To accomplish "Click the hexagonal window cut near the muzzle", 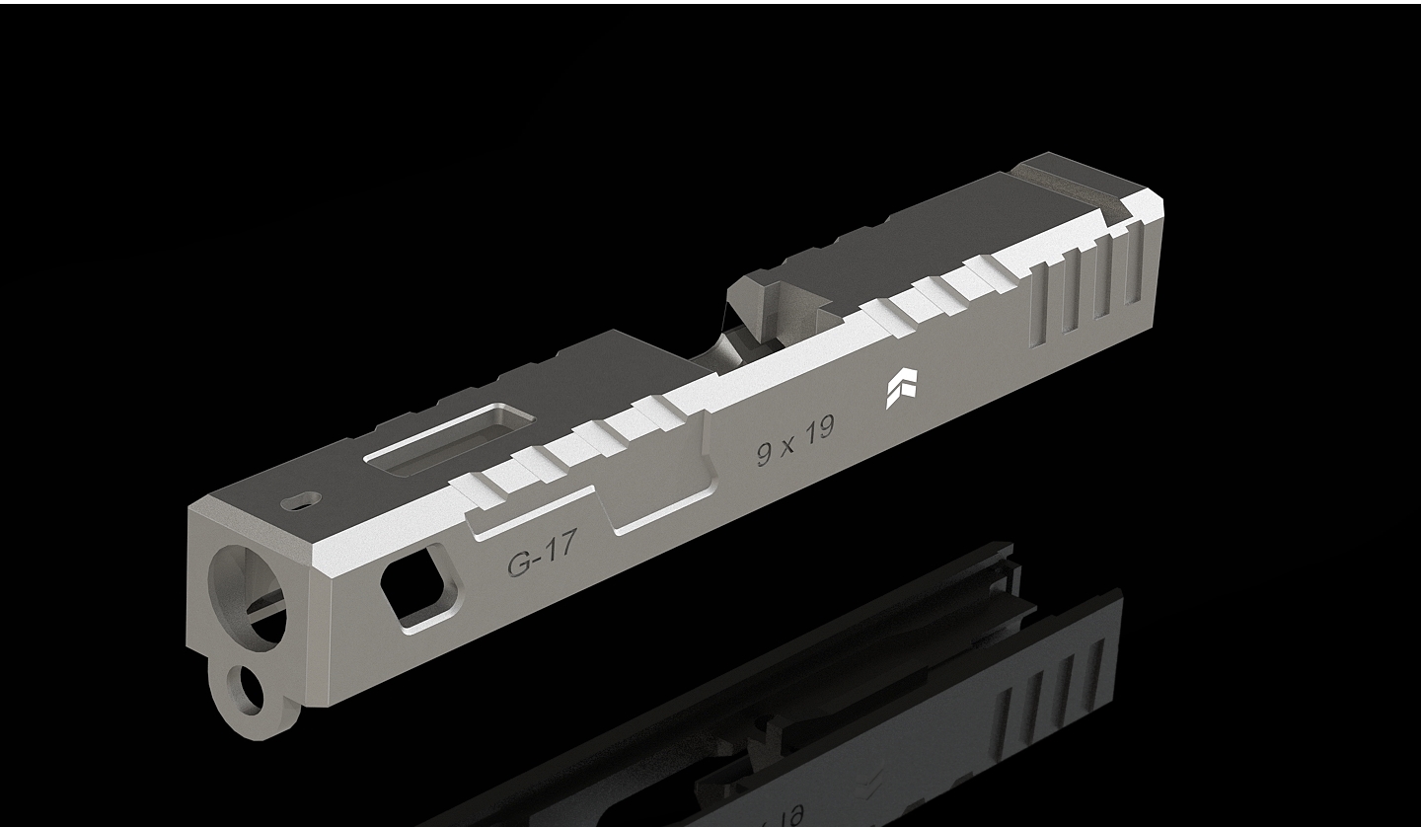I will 413,589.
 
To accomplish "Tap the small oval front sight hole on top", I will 302,502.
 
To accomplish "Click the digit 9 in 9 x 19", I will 765,454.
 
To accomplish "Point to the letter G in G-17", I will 518,564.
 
